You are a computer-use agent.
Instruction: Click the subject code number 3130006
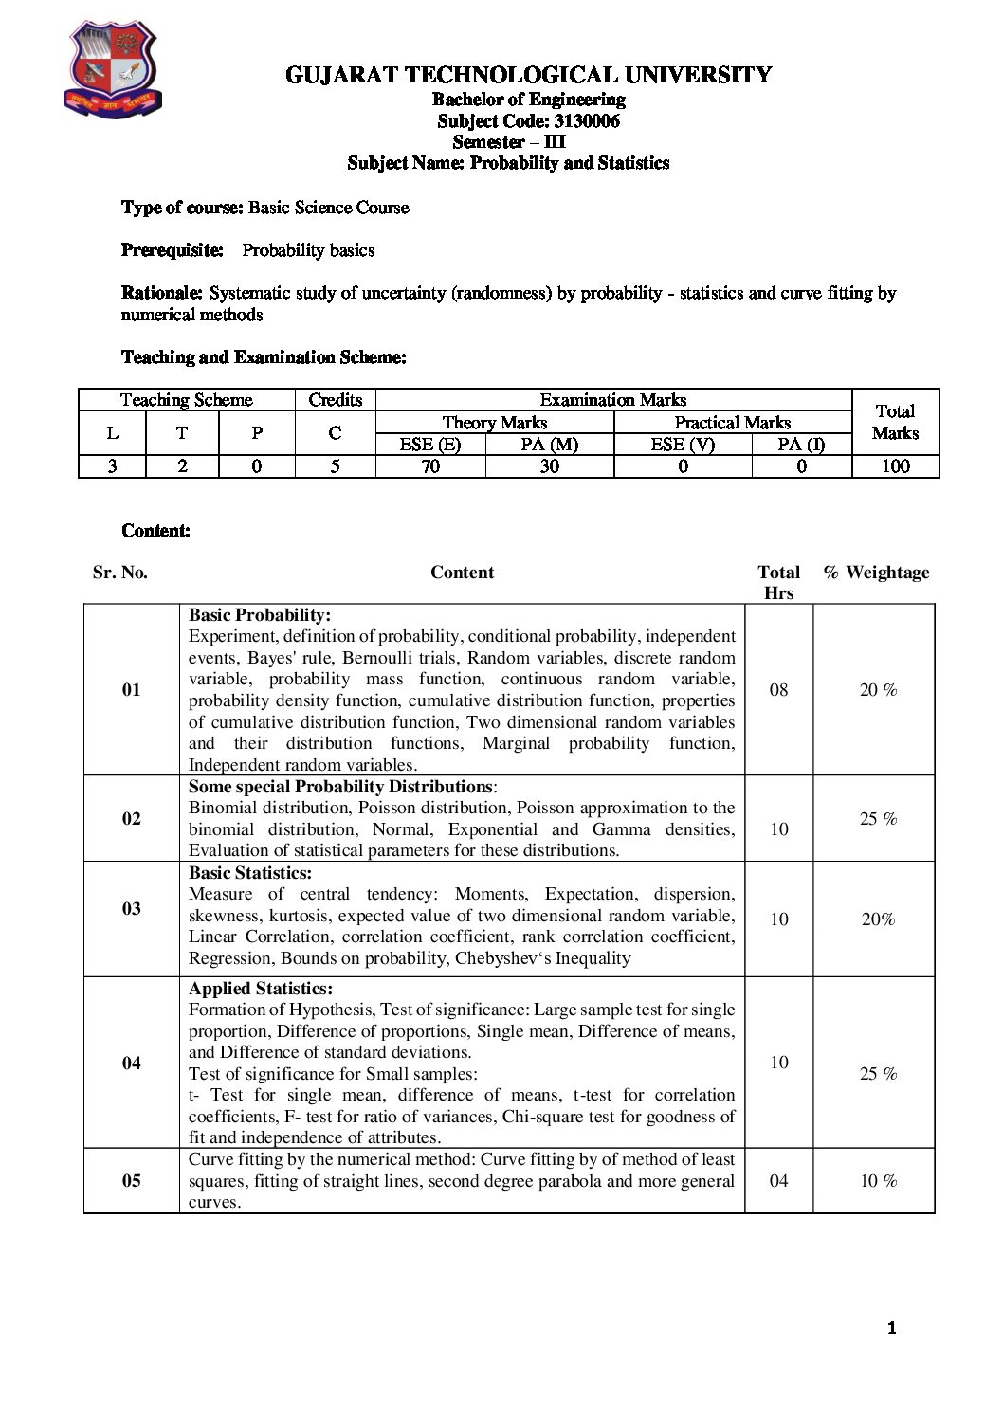579,120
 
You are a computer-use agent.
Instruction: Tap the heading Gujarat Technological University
528,75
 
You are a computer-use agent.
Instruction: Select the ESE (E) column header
430,444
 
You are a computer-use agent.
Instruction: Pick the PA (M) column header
550,444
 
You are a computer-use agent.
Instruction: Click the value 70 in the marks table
430,465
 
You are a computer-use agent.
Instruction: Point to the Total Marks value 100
895,465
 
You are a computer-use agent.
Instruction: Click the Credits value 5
335,465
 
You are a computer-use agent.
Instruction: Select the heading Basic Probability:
260,615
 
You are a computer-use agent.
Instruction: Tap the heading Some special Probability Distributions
340,787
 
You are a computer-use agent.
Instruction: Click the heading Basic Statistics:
250,873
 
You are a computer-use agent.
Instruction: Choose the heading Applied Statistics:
261,989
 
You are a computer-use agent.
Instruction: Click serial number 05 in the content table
132,1180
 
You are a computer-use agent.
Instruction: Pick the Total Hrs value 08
778,689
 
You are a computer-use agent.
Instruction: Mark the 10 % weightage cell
878,1180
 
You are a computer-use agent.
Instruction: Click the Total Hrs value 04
778,1180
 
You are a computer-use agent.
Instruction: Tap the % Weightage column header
876,572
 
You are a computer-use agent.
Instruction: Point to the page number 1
891,1328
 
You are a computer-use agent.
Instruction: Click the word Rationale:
162,293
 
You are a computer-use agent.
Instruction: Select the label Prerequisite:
173,250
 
